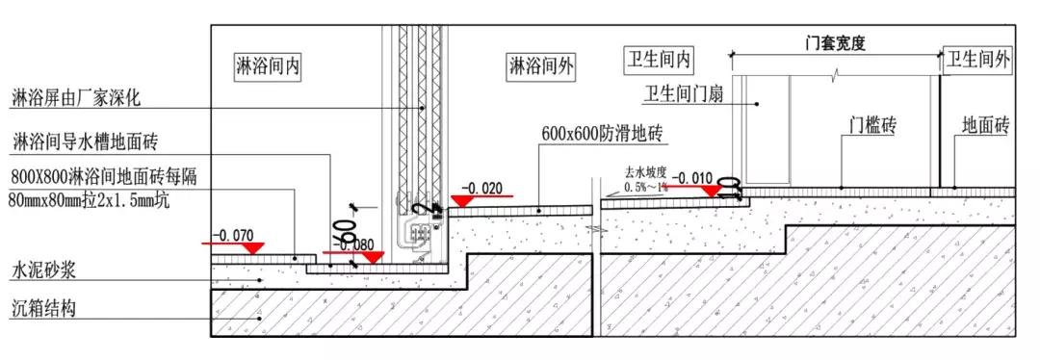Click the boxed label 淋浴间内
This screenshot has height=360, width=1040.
pos(269,65)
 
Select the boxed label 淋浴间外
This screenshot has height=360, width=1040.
pos(541,65)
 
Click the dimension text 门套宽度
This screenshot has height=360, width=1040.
pos(835,43)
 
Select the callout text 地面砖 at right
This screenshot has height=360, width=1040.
pos(985,125)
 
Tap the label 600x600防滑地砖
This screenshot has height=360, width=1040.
pos(603,133)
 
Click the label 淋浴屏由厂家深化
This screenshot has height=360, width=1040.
pos(76,98)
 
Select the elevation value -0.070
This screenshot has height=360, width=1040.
pos(231,234)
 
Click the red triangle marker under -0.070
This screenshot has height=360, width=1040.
pos(253,248)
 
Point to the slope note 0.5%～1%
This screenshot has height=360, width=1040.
pos(645,187)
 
